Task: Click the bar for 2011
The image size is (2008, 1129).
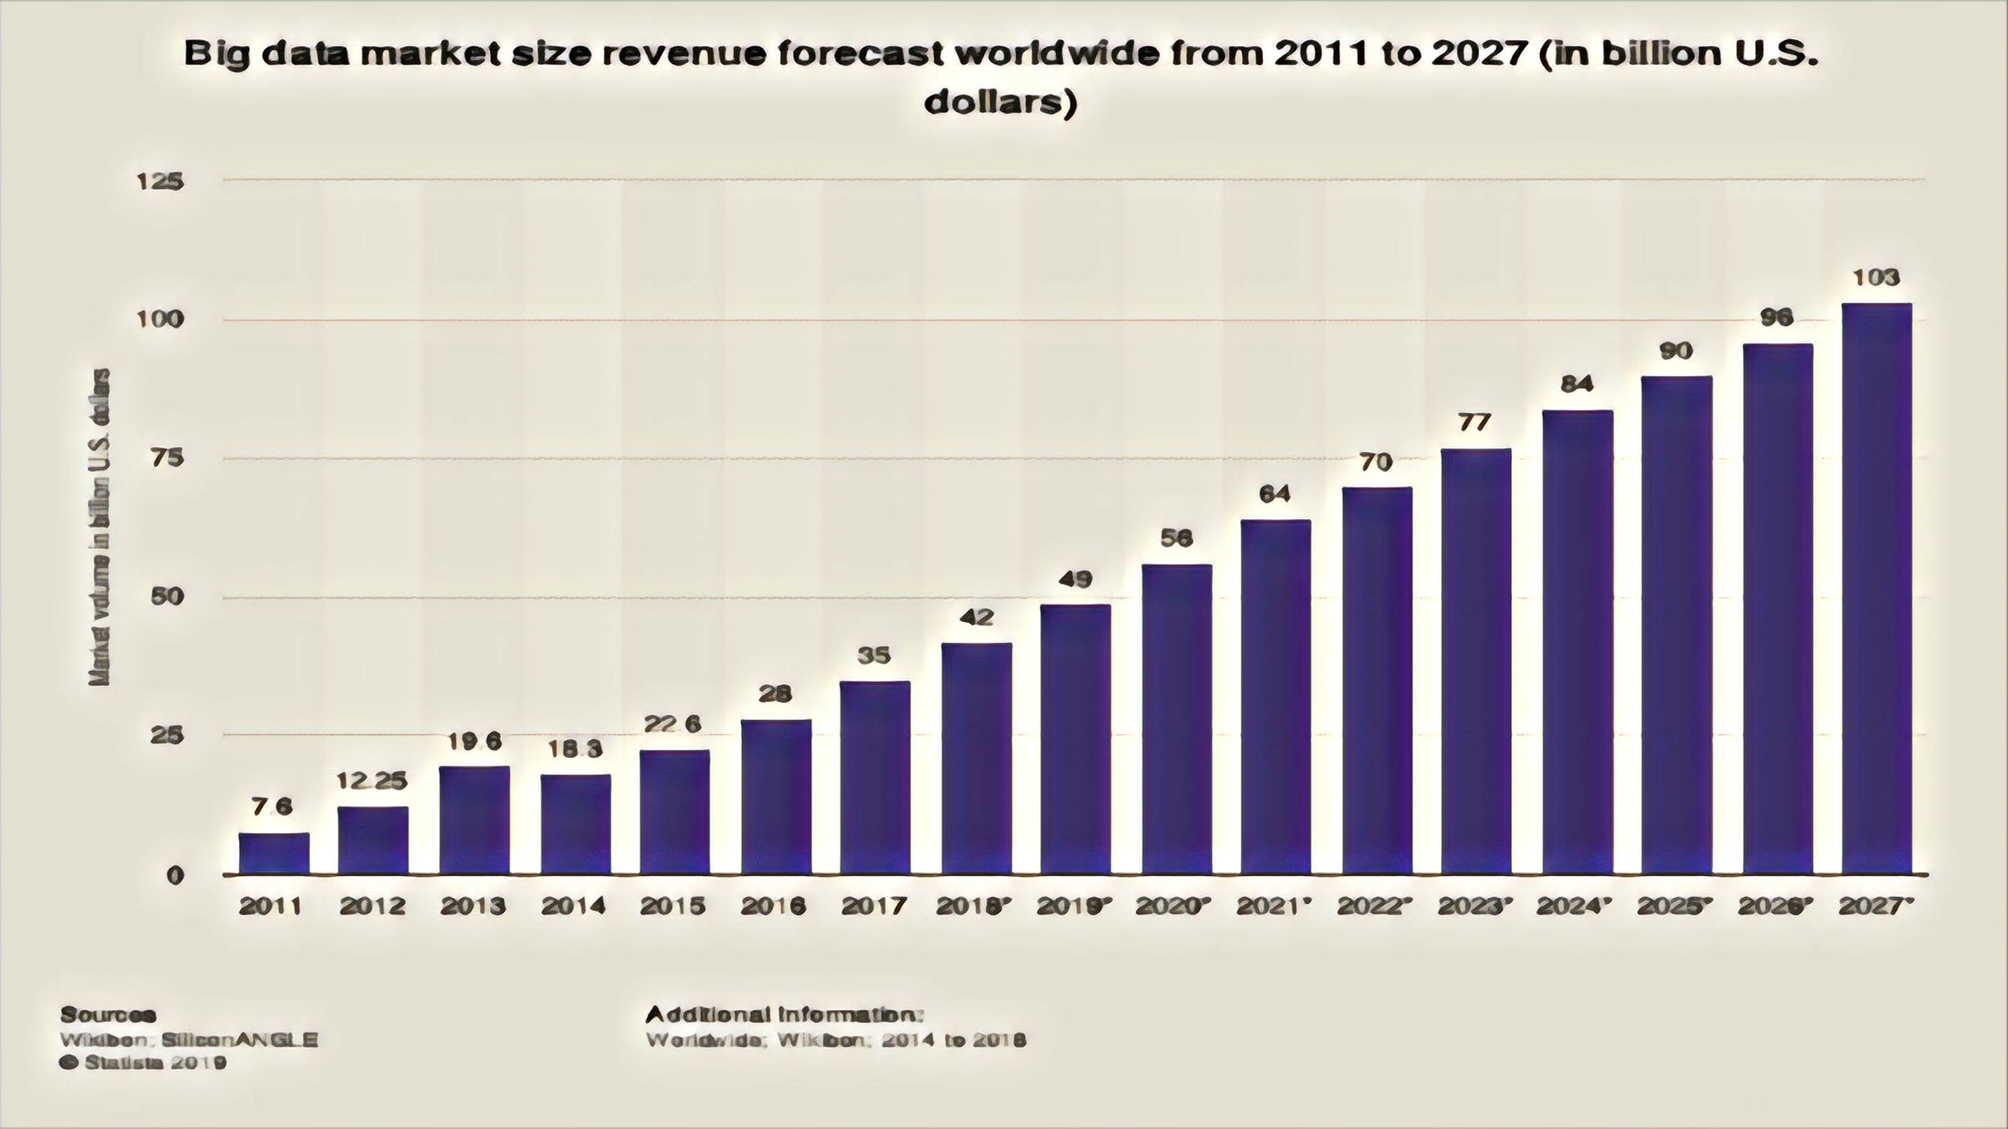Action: (x=273, y=853)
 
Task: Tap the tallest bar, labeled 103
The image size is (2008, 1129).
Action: (x=1876, y=589)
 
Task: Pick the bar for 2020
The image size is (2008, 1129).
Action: (x=1176, y=719)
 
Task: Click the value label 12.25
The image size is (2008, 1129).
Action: (x=372, y=780)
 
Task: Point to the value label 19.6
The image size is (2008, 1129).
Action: (x=474, y=741)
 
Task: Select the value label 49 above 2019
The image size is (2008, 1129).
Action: (x=1075, y=579)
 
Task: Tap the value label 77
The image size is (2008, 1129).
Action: (x=1475, y=423)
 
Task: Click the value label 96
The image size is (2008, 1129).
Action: (x=1777, y=317)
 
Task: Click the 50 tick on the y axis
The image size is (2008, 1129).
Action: (x=166, y=597)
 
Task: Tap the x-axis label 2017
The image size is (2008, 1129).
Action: (x=874, y=906)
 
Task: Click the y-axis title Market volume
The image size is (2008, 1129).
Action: (x=99, y=527)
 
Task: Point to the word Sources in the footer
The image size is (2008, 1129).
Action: (x=108, y=1015)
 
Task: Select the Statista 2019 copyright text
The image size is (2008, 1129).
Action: (x=144, y=1063)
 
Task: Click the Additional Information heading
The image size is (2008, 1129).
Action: (x=784, y=1015)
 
